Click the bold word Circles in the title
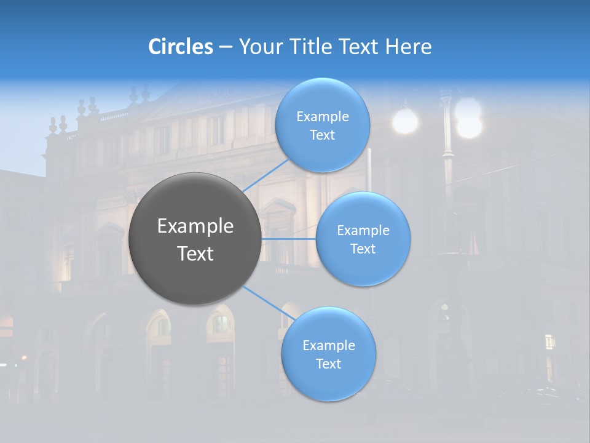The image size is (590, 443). click(181, 47)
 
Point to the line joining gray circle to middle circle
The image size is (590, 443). click(289, 239)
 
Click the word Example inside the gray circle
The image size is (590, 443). click(195, 226)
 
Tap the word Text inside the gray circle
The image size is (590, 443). click(195, 253)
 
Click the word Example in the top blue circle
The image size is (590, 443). click(322, 117)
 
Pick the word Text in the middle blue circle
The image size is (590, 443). click(363, 249)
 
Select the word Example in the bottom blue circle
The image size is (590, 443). click(328, 345)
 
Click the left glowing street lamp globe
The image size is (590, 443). click(405, 121)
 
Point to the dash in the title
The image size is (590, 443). click(226, 47)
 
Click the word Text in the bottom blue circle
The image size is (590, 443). click(328, 364)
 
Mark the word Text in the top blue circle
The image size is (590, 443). click(322, 135)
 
